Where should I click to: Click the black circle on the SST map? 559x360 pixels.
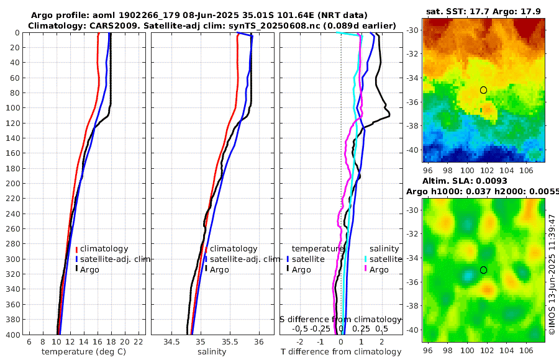coord(483,90)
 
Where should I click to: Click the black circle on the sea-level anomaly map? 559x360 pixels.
coord(483,270)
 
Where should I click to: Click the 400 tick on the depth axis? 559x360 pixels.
coord(12,335)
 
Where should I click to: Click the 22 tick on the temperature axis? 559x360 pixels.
coord(139,342)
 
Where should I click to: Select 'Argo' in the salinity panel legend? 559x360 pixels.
coord(219,269)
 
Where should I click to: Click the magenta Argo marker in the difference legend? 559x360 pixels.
coord(366,269)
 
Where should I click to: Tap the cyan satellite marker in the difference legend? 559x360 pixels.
coord(366,259)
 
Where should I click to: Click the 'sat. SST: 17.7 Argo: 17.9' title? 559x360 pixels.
coord(484,11)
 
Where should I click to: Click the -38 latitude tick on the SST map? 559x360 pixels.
coord(412,126)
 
